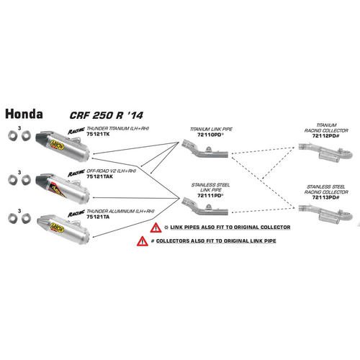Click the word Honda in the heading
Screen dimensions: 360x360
coord(24,114)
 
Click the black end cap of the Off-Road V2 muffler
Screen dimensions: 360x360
coord(42,176)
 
